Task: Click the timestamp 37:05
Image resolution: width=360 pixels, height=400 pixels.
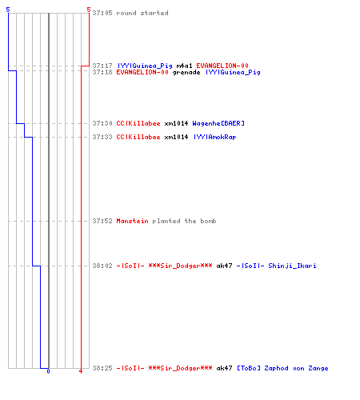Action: [102, 13]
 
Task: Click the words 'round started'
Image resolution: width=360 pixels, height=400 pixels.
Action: [142, 13]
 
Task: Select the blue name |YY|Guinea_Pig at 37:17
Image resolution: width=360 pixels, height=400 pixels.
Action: [145, 66]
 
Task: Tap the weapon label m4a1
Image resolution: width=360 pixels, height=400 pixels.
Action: [184, 66]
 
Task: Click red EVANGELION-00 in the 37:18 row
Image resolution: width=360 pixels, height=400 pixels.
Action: [142, 72]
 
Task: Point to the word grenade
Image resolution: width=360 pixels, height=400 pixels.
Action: [186, 73]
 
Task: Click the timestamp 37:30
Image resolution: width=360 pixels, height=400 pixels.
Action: [102, 123]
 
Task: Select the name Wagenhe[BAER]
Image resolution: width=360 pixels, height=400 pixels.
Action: [218, 123]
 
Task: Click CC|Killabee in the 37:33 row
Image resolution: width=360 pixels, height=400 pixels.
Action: [138, 137]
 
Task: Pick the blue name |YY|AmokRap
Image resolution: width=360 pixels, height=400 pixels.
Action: [215, 137]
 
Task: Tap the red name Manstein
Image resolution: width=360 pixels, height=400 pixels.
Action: [132, 221]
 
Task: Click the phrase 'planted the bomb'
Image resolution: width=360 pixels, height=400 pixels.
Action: [184, 221]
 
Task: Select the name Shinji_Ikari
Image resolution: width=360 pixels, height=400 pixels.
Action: [292, 266]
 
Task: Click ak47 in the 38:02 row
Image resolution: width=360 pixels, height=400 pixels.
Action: [224, 266]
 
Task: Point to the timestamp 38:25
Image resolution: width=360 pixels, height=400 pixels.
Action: [102, 368]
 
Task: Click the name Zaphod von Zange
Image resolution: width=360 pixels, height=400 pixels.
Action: [296, 368]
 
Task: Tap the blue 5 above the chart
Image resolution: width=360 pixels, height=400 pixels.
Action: [8, 10]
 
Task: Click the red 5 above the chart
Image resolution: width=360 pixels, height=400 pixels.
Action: [89, 10]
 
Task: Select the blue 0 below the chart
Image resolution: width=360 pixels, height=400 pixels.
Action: [48, 371]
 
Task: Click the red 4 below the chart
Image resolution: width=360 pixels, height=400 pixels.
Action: [81, 371]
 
